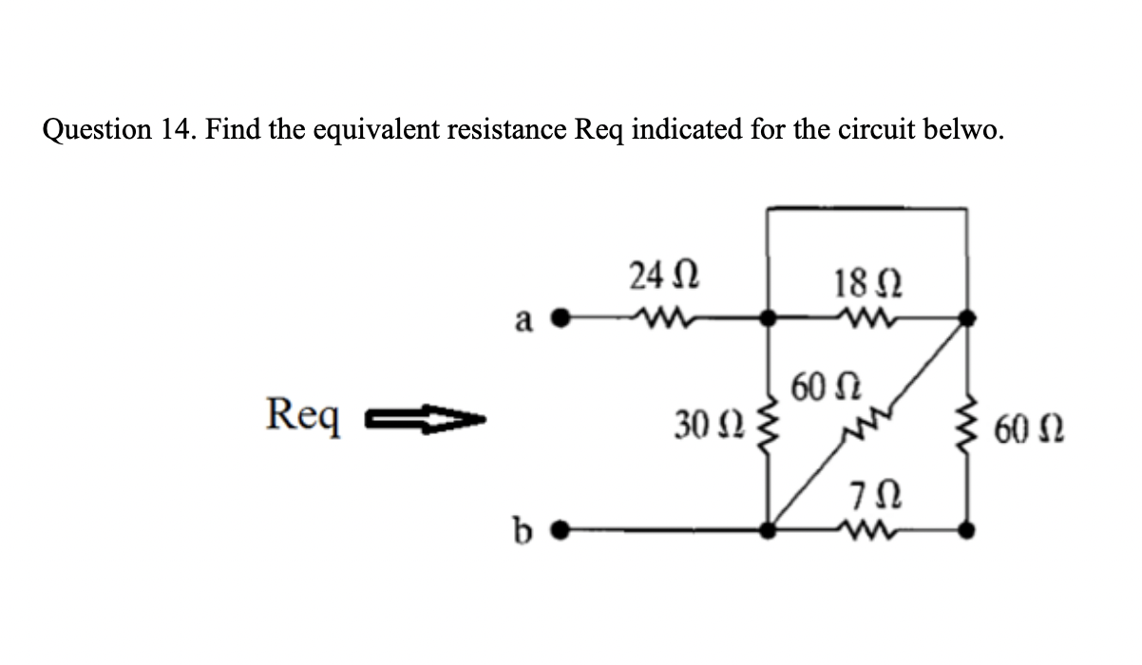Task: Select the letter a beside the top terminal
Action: [x=523, y=321]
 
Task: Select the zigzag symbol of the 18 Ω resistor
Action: [x=859, y=317]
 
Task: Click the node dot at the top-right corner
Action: [x=967, y=318]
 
